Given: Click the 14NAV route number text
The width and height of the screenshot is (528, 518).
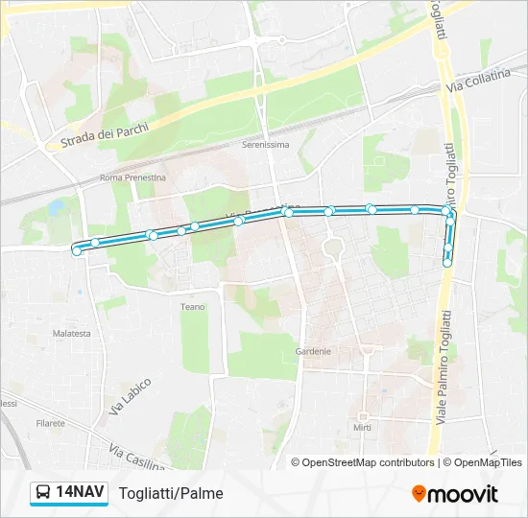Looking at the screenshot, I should (81, 492).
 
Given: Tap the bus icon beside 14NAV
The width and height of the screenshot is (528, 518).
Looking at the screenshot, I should (43, 493).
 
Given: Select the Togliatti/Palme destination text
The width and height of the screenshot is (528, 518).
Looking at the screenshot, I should (171, 493).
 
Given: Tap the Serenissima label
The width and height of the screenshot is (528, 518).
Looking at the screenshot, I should (265, 145).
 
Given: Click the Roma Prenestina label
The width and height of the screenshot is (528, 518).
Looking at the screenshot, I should (133, 177).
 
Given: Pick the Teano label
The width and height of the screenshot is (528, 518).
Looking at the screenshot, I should (193, 307).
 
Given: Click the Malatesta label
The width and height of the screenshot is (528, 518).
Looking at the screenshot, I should (72, 334).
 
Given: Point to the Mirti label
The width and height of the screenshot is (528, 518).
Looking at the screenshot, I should (362, 427).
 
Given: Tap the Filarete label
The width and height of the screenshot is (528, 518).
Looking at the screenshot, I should (50, 422).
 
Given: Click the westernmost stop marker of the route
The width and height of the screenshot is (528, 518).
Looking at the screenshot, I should (77, 251).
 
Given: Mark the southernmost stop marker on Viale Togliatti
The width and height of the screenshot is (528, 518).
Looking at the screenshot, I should (446, 262).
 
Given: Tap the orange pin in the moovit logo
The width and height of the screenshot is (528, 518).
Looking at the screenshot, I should (419, 494).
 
